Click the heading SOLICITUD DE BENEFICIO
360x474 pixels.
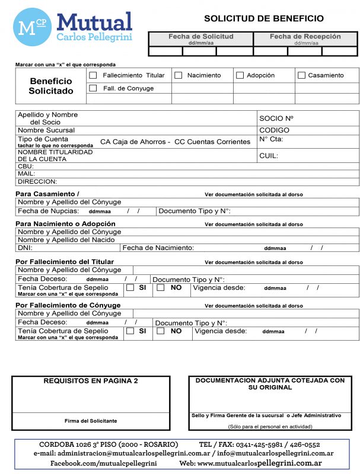click(263, 18)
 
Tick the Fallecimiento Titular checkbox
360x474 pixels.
click(93, 75)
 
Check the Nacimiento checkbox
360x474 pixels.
click(178, 75)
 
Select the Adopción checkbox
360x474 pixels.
click(240, 75)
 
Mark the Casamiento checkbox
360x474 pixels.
click(301, 75)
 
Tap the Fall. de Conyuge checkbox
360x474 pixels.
click(93, 88)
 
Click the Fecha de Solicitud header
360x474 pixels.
click(200, 37)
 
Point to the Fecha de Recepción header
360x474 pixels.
click(306, 37)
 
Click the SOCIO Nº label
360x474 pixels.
click(276, 118)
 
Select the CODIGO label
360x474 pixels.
click(274, 130)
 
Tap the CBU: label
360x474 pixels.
click(26, 166)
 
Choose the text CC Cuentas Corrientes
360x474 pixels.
click(212, 142)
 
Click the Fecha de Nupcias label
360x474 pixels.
click(48, 211)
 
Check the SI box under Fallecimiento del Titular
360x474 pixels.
click(130, 288)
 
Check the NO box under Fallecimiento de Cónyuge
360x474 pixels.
click(161, 331)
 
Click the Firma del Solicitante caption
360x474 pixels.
click(91, 421)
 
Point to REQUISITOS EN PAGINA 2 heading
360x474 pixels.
click(91, 381)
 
